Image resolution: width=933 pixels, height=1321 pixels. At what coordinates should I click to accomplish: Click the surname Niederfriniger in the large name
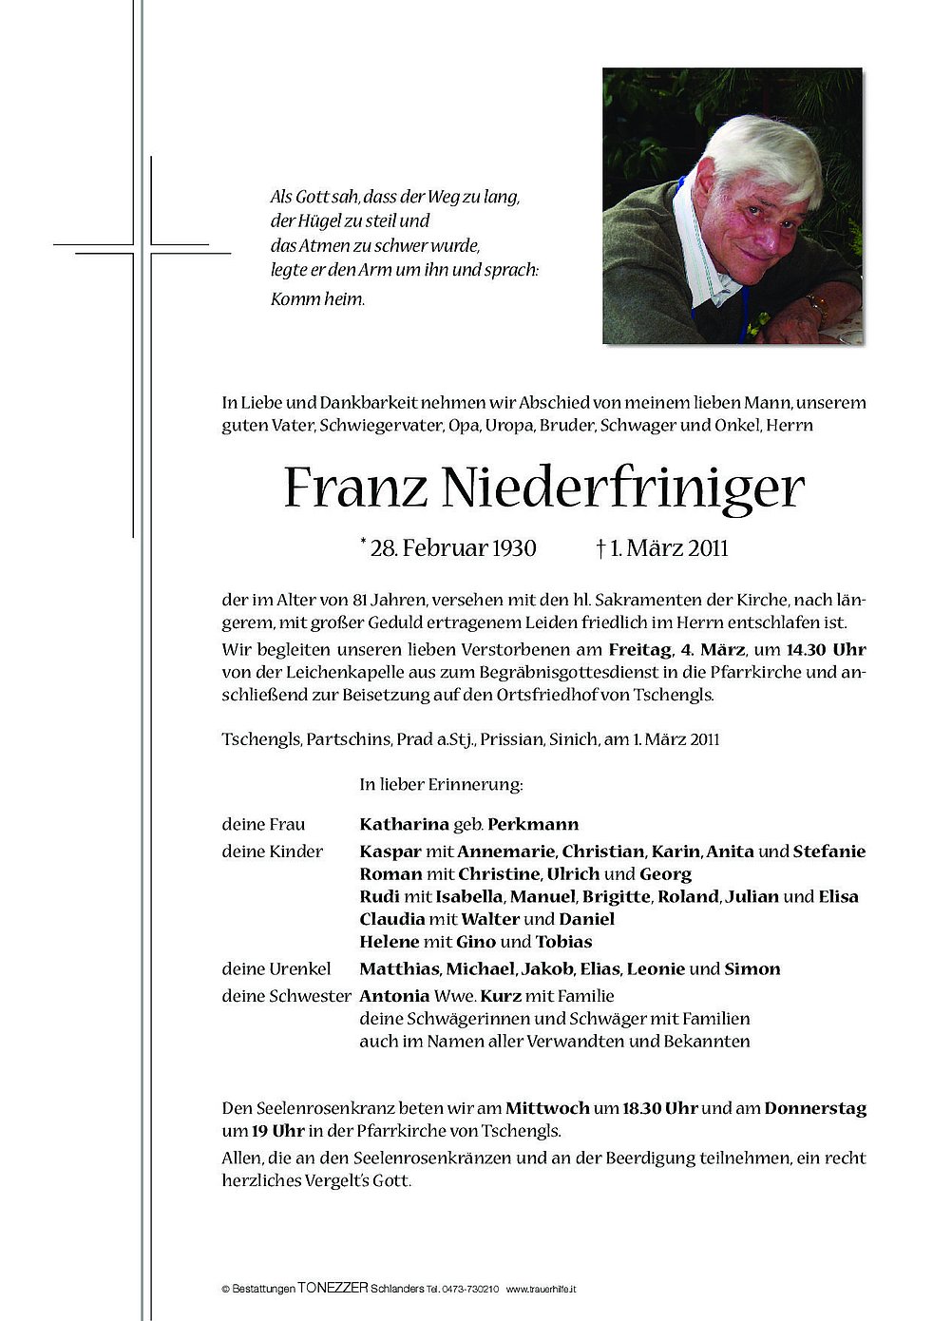point(622,488)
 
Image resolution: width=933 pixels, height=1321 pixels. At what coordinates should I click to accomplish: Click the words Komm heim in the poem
point(317,298)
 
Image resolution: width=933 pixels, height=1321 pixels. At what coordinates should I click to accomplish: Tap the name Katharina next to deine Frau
point(404,824)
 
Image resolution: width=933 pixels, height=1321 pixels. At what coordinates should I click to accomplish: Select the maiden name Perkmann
point(533,824)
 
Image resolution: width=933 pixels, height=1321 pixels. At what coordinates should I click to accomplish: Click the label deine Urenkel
point(276,968)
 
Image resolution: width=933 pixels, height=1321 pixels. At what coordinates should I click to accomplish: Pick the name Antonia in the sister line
point(394,995)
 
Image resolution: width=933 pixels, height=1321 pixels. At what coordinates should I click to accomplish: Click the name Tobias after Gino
point(563,942)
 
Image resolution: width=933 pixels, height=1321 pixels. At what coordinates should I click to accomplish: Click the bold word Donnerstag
point(814,1107)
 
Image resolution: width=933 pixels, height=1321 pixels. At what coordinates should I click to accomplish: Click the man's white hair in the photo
point(760,152)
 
